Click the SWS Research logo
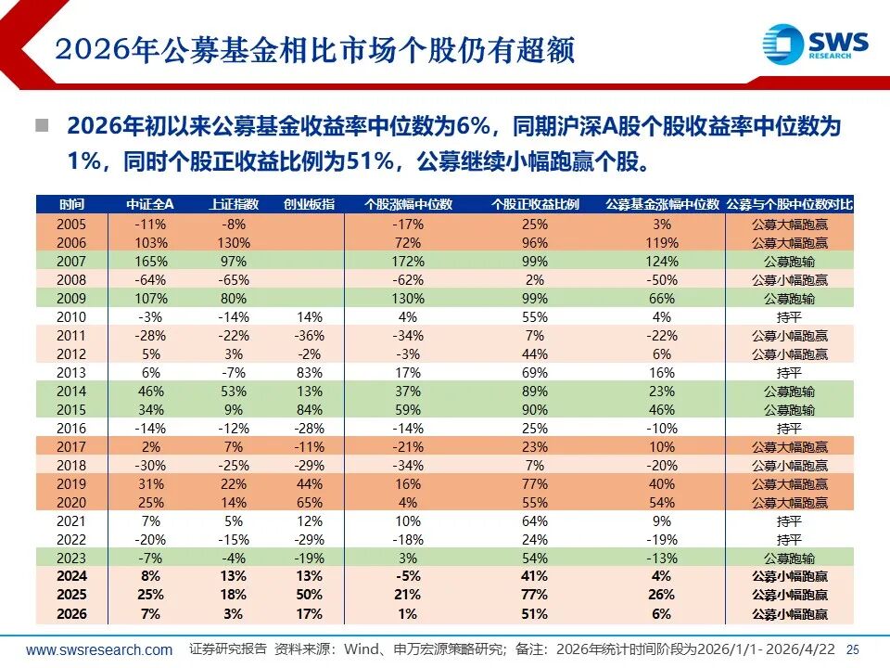[x=815, y=44]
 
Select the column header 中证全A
[x=149, y=205]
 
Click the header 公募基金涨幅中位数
[x=662, y=205]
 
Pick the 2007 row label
[x=71, y=262]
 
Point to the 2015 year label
[x=71, y=410]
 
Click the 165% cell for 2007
[x=149, y=262]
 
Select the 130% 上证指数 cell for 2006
[x=232, y=243]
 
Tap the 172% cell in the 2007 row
[x=407, y=262]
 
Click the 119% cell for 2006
[x=662, y=243]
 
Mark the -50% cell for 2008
[x=662, y=280]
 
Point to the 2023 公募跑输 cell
[x=789, y=559]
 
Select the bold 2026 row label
[x=71, y=614]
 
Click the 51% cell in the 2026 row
[x=535, y=614]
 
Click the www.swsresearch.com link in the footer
[x=99, y=650]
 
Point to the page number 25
[x=854, y=650]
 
